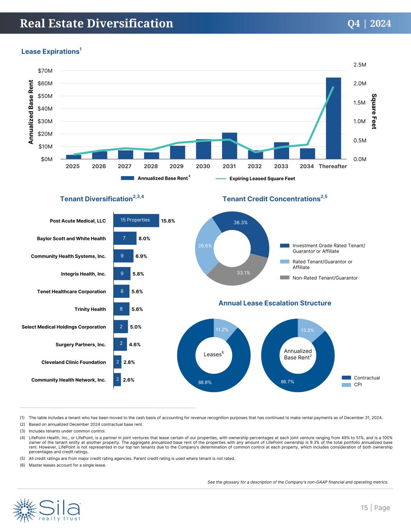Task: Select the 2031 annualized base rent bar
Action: click(229, 146)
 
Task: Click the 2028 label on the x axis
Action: click(151, 166)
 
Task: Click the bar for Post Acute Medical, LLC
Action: click(136, 220)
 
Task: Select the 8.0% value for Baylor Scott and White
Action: click(144, 239)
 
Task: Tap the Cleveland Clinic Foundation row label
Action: click(74, 362)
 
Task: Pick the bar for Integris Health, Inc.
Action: click(122, 274)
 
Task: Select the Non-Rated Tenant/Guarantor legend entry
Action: click(325, 278)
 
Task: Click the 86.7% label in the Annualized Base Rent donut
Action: click(287, 382)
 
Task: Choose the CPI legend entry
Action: click(358, 385)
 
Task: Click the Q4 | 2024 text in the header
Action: click(369, 23)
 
